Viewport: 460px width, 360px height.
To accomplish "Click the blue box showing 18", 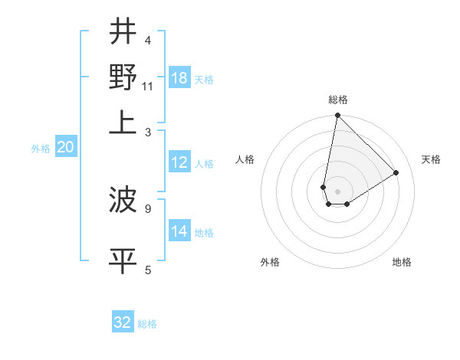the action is pyautogui.click(x=179, y=78).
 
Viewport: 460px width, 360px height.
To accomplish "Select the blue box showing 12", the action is pyautogui.click(x=179, y=163).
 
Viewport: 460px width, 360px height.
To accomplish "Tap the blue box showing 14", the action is pyautogui.click(x=179, y=231).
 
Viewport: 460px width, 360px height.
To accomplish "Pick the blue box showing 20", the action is pyautogui.click(x=65, y=148).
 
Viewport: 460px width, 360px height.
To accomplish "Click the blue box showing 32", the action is pyautogui.click(x=123, y=322).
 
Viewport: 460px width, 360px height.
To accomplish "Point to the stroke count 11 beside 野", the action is pyautogui.click(x=148, y=87).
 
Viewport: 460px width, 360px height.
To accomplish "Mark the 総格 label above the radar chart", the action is pyautogui.click(x=338, y=100).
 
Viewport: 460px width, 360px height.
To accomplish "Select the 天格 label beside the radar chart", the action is pyautogui.click(x=431, y=159).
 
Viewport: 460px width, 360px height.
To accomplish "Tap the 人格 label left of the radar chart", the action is pyautogui.click(x=245, y=159).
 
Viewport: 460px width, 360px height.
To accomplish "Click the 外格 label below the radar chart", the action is pyautogui.click(x=269, y=262).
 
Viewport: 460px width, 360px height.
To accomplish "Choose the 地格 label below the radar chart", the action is pyautogui.click(x=402, y=262).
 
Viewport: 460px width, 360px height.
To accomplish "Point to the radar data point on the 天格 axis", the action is pyautogui.click(x=396, y=173).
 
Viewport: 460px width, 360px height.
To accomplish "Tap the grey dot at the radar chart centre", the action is pyautogui.click(x=337, y=191).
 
